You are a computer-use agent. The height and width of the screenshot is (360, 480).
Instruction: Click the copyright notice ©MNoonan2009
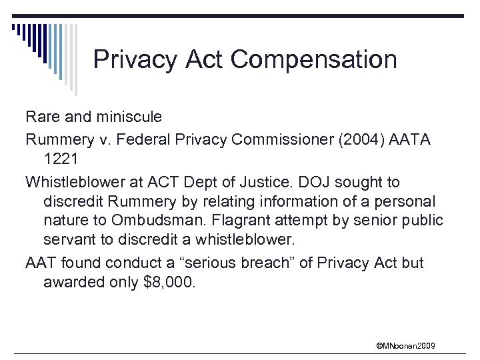(x=406, y=345)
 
